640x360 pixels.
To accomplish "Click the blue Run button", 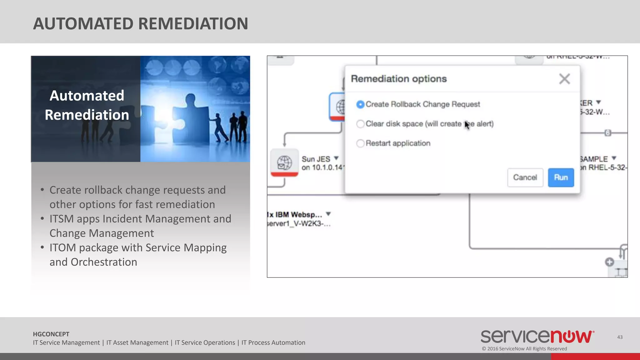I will pyautogui.click(x=561, y=177).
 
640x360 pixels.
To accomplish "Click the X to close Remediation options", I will pyautogui.click(x=564, y=79).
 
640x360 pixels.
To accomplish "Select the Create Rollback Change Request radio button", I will pyautogui.click(x=360, y=104).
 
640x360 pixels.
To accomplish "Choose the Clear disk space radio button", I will pyautogui.click(x=360, y=124).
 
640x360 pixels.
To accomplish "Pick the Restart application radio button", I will pyautogui.click(x=360, y=143).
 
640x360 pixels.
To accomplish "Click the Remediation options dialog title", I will pyautogui.click(x=399, y=79).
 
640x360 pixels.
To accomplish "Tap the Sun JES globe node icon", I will pyautogui.click(x=284, y=162).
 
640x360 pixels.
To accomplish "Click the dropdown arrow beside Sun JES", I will pyautogui.click(x=336, y=158).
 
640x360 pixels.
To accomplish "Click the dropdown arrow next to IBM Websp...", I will pyautogui.click(x=328, y=214).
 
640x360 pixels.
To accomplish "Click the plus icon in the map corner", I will pyautogui.click(x=609, y=262).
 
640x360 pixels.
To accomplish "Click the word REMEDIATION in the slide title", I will pyautogui.click(x=193, y=24).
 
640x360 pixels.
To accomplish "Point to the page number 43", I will pyautogui.click(x=620, y=337).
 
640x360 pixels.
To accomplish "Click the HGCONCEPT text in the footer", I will pyautogui.click(x=51, y=334).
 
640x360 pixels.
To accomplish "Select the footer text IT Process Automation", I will pyautogui.click(x=273, y=342).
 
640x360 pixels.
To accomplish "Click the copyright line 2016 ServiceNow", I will pyautogui.click(x=524, y=349).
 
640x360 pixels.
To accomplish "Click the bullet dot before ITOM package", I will pyautogui.click(x=42, y=247).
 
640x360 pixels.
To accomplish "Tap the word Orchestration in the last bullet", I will pyautogui.click(x=104, y=262).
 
